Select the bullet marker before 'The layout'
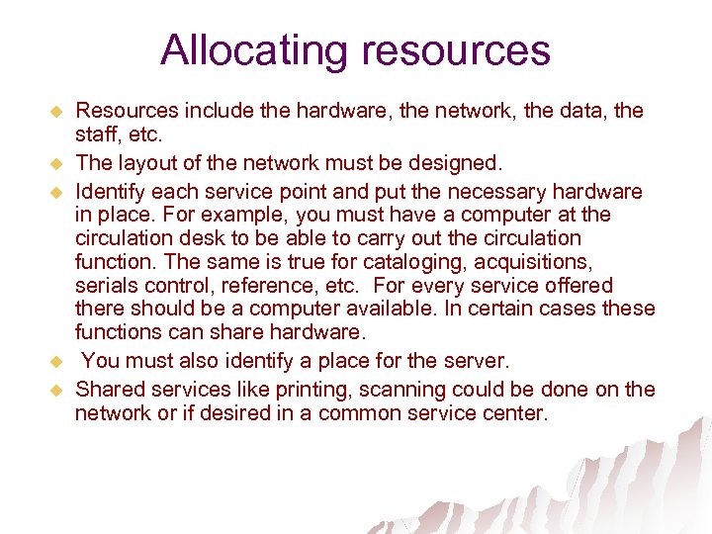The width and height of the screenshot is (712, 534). (55, 162)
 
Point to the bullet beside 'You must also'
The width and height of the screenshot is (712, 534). (55, 361)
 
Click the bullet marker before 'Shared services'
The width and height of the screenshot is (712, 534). (55, 389)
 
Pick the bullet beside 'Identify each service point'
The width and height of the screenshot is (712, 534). (55, 190)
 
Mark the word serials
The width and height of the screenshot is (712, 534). (105, 286)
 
